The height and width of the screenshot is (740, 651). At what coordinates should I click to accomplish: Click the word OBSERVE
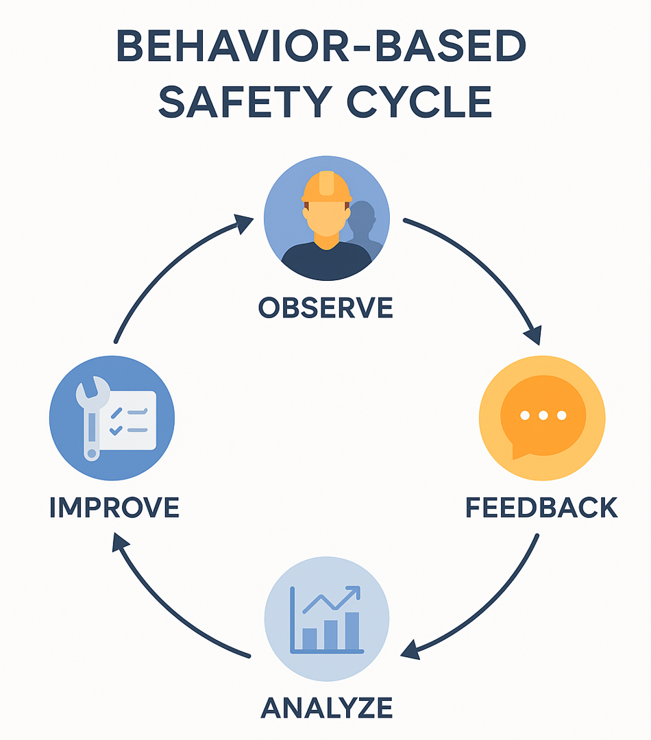coord(325,308)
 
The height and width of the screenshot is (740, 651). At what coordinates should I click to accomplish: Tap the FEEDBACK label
coord(541,508)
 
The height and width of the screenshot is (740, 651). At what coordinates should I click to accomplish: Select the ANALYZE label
coord(326,707)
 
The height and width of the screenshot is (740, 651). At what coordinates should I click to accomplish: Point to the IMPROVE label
coord(114,508)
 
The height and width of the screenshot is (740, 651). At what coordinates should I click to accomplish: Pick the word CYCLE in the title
coord(419,103)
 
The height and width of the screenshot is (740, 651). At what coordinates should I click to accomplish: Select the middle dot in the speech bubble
coord(543,415)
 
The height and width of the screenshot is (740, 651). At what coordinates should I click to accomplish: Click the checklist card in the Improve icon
coord(130,419)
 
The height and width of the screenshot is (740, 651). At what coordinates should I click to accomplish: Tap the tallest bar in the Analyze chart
coord(352,630)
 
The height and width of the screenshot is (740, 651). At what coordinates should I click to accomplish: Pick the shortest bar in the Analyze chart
coord(310,639)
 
